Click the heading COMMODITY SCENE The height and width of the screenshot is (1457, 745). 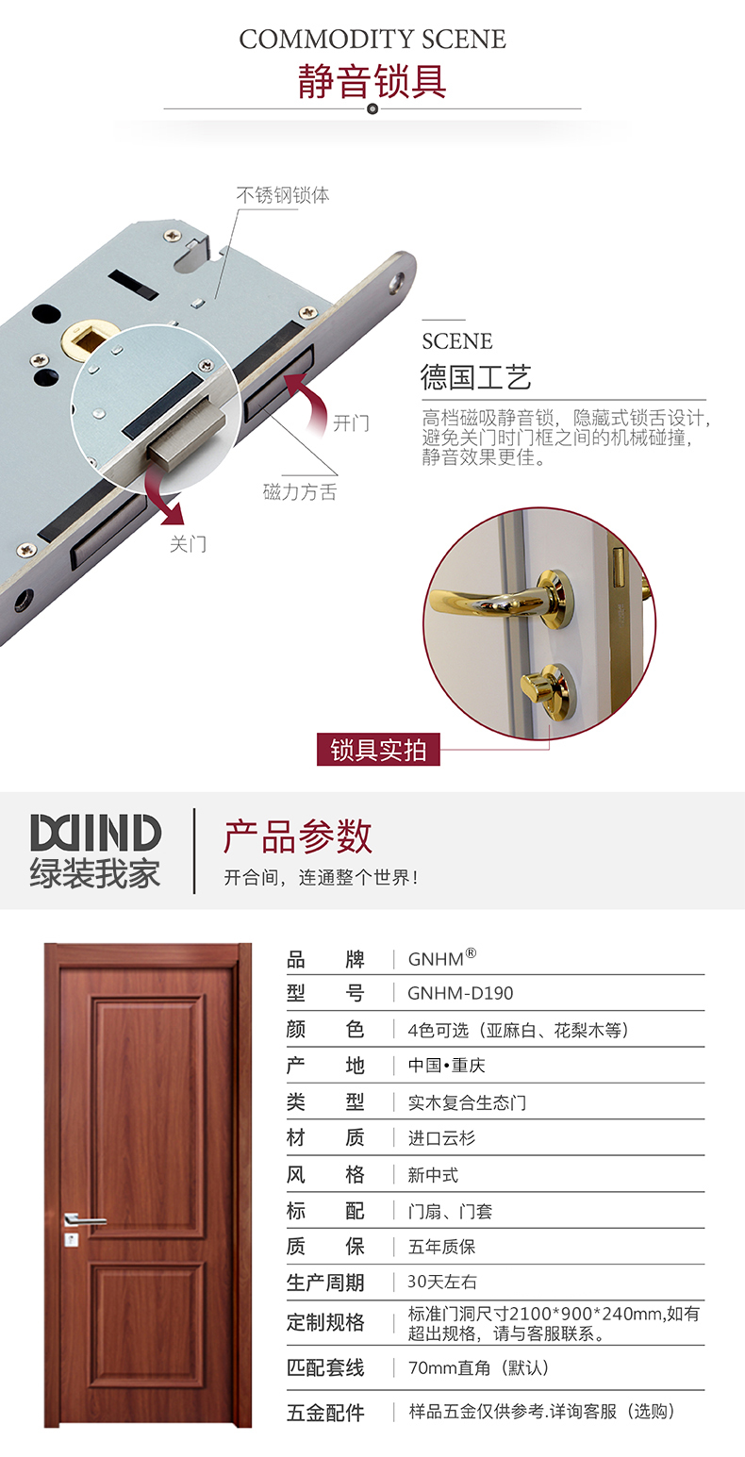click(x=372, y=39)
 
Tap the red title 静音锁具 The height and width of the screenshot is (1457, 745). click(x=372, y=81)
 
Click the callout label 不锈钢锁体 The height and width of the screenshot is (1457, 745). click(x=282, y=195)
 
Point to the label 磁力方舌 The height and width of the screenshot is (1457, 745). click(x=299, y=491)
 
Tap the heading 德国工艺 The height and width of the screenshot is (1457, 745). click(x=475, y=377)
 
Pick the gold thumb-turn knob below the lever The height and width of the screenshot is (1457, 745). click(x=548, y=690)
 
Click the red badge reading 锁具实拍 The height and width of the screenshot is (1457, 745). click(x=378, y=750)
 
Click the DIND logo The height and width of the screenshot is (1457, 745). click(x=95, y=833)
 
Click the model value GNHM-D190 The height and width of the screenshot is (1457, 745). click(x=460, y=993)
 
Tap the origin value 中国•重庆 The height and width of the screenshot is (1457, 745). click(x=446, y=1066)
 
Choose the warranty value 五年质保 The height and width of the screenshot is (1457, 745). click(x=441, y=1247)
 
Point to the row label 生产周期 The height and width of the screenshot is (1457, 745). click(x=325, y=1283)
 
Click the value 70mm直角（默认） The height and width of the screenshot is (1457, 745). click(x=478, y=1368)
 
